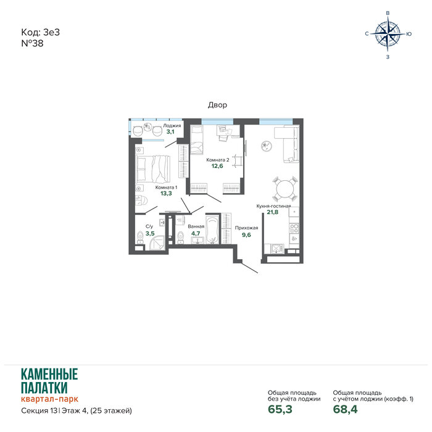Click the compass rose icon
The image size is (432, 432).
[x=388, y=34]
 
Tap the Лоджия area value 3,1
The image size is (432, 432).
[x=170, y=131]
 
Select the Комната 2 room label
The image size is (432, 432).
[x=218, y=160]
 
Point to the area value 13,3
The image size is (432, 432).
[x=166, y=193]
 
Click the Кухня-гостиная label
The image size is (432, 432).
[x=273, y=206]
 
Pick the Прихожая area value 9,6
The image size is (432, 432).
[x=246, y=235]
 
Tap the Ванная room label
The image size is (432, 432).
[x=196, y=226]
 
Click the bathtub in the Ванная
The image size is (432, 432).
[x=212, y=230]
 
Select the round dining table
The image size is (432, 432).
[x=285, y=189]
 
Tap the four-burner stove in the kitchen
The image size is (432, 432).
[x=294, y=229]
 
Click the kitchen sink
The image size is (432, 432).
[x=276, y=248]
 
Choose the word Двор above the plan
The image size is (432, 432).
[x=217, y=105]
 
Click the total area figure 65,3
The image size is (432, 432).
[x=280, y=409]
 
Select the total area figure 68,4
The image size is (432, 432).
[x=345, y=409]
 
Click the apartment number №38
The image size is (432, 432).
[x=32, y=43]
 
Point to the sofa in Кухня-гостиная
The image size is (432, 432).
[x=287, y=144]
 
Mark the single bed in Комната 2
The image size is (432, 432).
[x=197, y=139]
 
